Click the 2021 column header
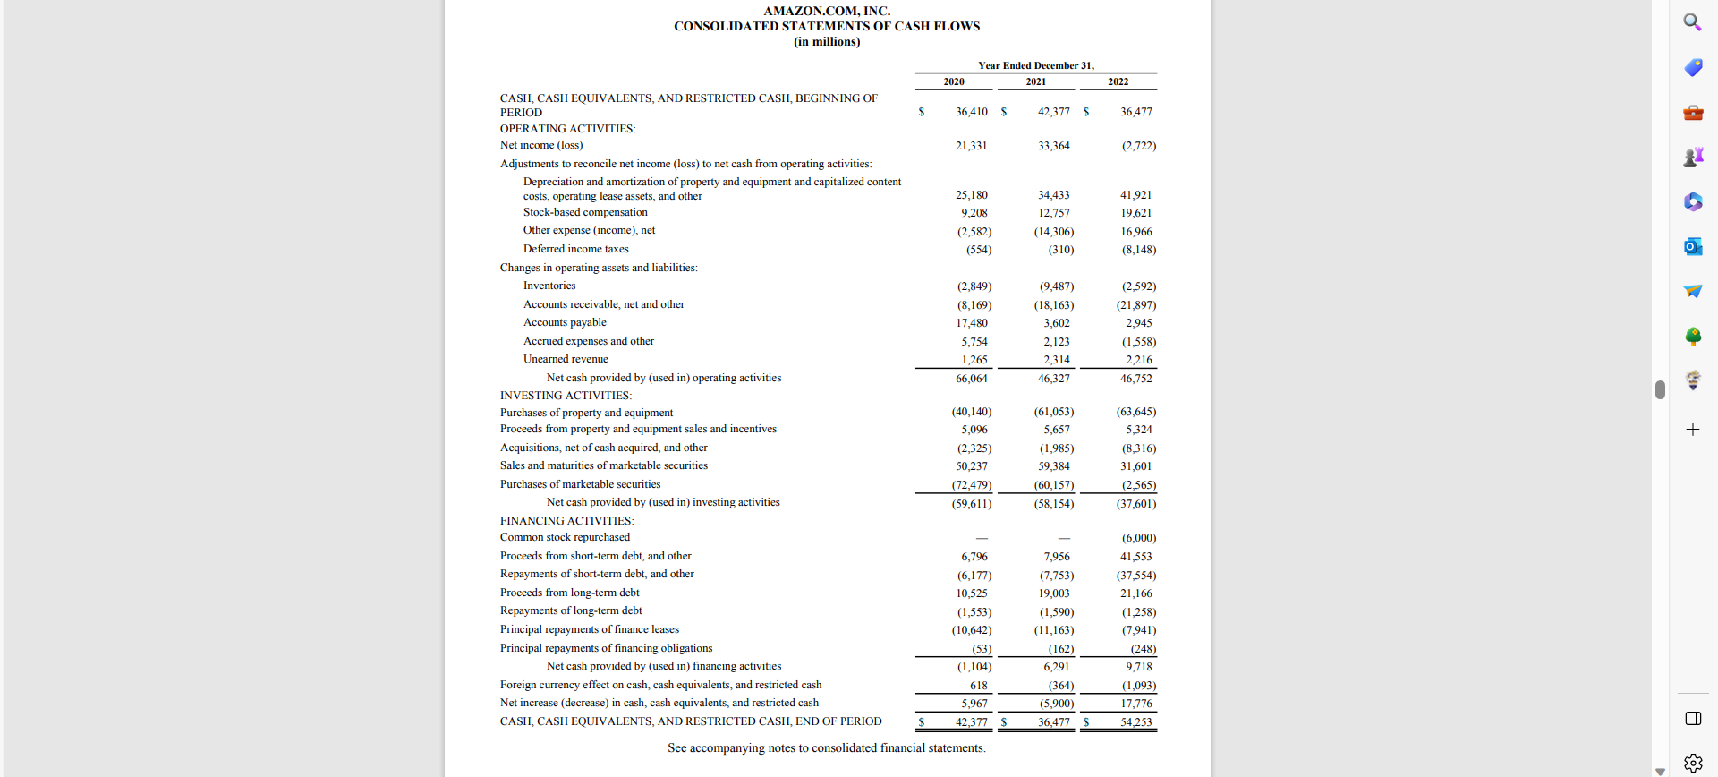(x=1035, y=81)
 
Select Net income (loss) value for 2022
(x=1138, y=146)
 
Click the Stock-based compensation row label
(x=585, y=212)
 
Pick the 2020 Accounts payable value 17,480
(x=972, y=323)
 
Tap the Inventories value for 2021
(x=1056, y=286)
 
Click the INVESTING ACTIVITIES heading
(x=566, y=396)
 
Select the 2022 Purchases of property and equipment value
(x=1135, y=412)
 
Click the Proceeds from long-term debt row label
(x=569, y=593)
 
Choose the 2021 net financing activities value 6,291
(x=1056, y=667)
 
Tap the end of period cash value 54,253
(x=1135, y=722)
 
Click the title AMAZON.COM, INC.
(x=827, y=11)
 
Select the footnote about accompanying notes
(x=826, y=748)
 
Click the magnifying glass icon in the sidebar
(x=1692, y=21)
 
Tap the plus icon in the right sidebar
(x=1692, y=430)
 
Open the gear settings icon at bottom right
(x=1693, y=763)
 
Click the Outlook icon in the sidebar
(x=1692, y=246)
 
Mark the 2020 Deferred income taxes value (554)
(x=978, y=250)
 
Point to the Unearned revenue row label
(x=566, y=359)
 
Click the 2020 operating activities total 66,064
(x=971, y=379)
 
